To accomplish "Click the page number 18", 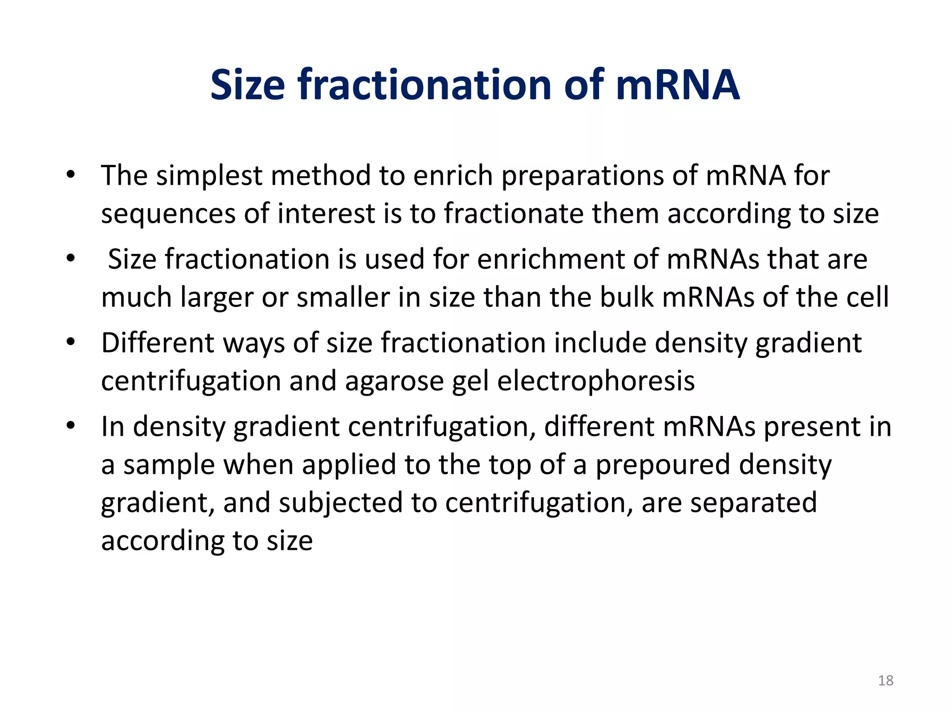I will [x=886, y=681].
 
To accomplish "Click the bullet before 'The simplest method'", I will [x=71, y=175].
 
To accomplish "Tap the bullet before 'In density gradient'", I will [x=71, y=426].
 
